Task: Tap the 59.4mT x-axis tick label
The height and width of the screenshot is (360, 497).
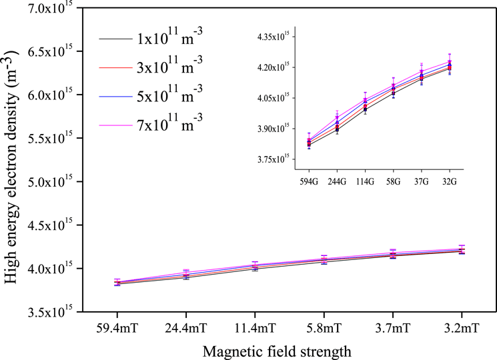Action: (x=117, y=328)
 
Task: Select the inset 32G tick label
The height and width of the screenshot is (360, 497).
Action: (x=448, y=181)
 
